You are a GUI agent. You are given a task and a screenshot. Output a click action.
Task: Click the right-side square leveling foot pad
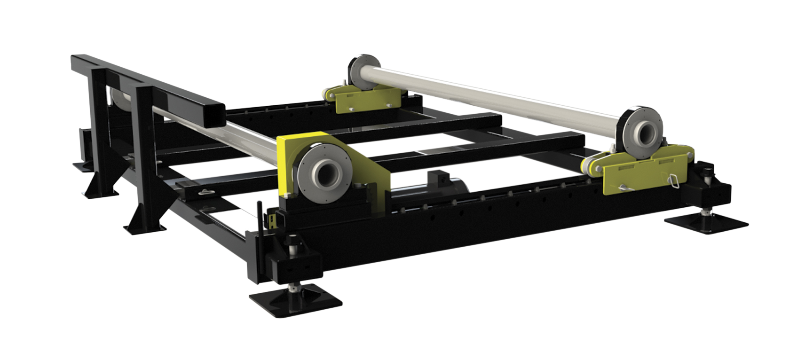(706, 221)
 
